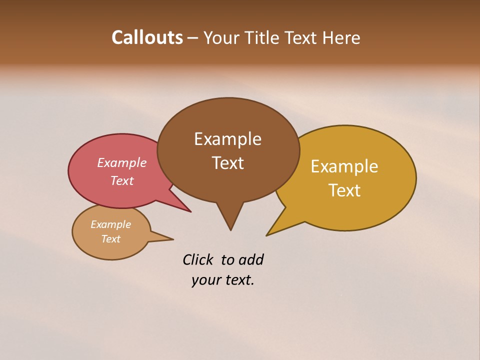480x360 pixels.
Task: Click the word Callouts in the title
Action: click(x=147, y=37)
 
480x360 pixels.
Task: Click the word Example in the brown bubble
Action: click(x=227, y=139)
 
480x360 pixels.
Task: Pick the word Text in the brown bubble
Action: click(x=227, y=163)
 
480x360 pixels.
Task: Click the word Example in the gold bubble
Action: click(x=344, y=166)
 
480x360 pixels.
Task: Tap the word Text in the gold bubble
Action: click(x=344, y=190)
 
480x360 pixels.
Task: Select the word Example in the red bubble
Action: click(x=122, y=163)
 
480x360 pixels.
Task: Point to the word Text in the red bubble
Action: click(x=122, y=180)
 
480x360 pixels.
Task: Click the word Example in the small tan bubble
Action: click(x=110, y=225)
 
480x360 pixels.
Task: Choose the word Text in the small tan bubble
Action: click(x=110, y=239)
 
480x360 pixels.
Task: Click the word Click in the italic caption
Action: click(x=198, y=260)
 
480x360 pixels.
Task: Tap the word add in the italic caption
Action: click(x=251, y=260)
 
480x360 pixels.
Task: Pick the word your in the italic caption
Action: click(x=205, y=280)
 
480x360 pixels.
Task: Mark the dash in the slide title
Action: click(x=193, y=38)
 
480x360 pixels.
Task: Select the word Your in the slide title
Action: click(x=221, y=37)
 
